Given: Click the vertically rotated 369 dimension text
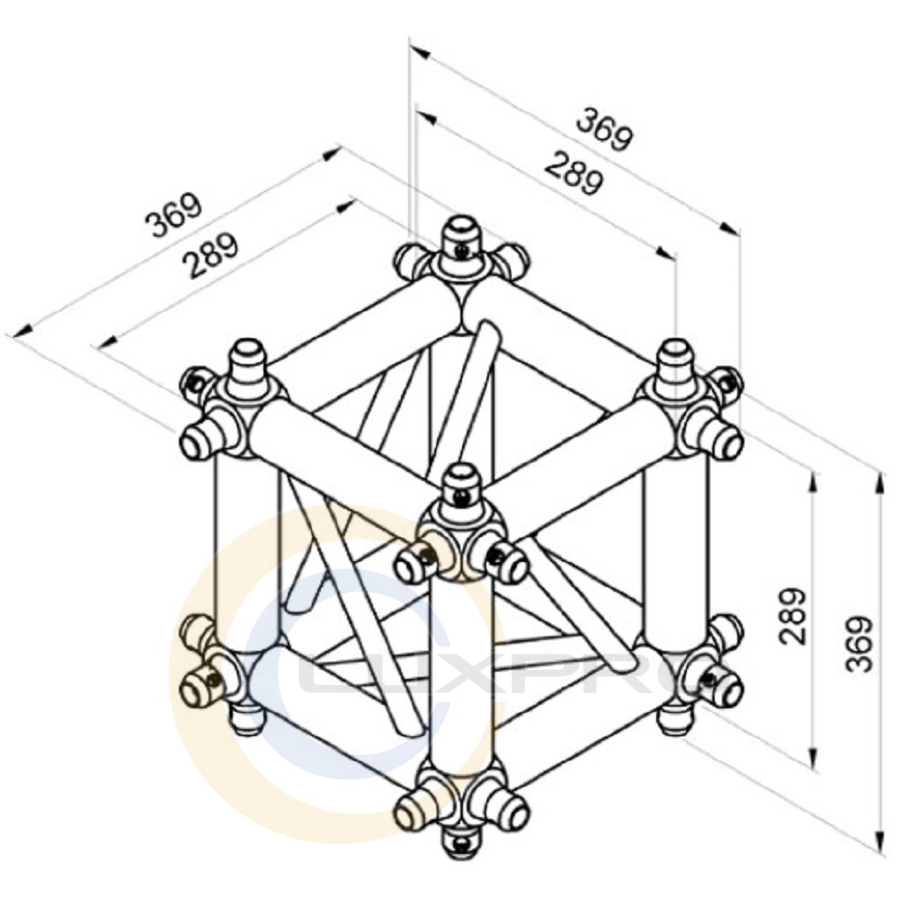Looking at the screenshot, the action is [859, 644].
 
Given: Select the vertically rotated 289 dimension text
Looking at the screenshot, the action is [793, 617].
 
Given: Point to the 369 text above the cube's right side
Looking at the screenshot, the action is [605, 130].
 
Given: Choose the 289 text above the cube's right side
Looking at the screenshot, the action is [574, 174].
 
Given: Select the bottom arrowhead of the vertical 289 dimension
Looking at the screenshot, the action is [813, 757].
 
